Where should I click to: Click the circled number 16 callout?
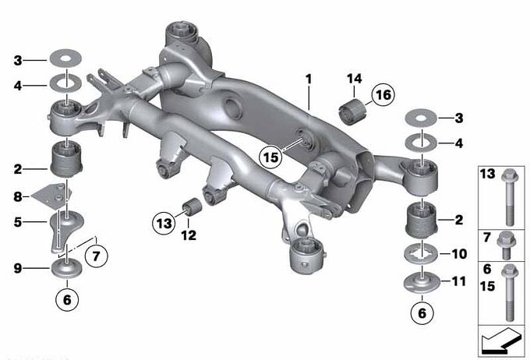383,95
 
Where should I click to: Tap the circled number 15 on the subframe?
270,157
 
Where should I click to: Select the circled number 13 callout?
164,223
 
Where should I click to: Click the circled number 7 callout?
97,256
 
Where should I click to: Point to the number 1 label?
309,79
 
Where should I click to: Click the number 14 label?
354,79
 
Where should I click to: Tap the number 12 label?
189,235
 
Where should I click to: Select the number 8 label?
18,196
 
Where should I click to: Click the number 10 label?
459,253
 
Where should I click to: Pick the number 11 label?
458,281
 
